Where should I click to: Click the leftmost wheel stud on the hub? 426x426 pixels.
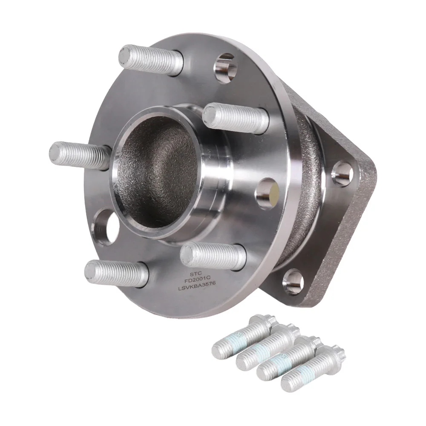tap(81, 156)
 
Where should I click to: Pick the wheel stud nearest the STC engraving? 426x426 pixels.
tap(213, 255)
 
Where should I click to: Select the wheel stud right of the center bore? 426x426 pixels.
tap(236, 118)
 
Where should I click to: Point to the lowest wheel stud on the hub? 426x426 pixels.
tap(117, 273)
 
